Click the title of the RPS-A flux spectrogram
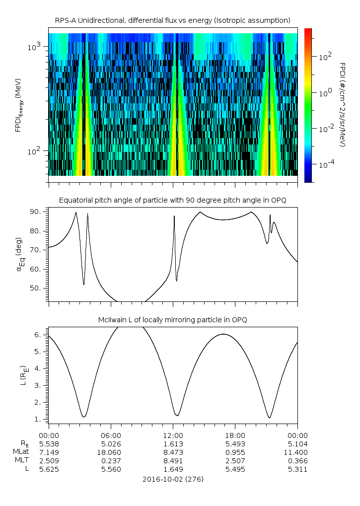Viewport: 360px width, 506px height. click(172, 20)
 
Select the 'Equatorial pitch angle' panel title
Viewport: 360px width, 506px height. click(172, 200)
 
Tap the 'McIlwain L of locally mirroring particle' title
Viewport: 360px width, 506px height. click(172, 319)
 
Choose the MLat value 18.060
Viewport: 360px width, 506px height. click(111, 452)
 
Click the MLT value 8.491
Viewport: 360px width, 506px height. click(173, 461)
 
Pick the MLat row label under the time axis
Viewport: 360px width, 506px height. click(21, 452)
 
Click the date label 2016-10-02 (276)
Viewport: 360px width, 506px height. click(173, 479)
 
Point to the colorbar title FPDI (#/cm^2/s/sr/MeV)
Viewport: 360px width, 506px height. click(342, 104)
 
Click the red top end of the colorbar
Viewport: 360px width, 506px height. click(308, 31)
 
